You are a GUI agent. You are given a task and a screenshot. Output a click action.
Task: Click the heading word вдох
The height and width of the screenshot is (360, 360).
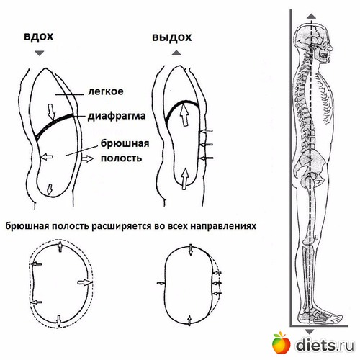(x=39, y=37)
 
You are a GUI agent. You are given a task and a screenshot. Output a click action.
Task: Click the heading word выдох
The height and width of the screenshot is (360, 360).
(x=172, y=37)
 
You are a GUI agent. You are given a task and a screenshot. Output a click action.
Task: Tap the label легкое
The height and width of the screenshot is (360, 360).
(x=106, y=91)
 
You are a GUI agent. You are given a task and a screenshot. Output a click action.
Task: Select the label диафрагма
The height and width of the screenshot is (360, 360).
(x=117, y=116)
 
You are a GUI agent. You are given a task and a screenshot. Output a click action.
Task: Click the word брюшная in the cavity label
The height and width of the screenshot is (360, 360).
(x=125, y=144)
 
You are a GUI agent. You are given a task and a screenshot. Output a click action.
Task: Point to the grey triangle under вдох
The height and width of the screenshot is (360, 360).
(x=39, y=53)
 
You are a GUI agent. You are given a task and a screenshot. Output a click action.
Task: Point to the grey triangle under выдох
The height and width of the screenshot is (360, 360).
(x=176, y=53)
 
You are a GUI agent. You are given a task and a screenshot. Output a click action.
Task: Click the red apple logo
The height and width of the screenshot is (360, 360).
(x=281, y=343)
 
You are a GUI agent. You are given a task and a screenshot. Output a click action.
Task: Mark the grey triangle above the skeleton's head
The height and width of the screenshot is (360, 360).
(x=311, y=17)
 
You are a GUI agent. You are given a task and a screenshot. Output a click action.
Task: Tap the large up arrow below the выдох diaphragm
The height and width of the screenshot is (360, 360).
(x=184, y=113)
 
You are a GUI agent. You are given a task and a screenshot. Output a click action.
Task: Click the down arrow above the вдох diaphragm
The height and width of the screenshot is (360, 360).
(x=51, y=112)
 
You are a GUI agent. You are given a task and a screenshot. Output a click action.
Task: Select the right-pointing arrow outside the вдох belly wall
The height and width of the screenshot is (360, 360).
(x=87, y=158)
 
